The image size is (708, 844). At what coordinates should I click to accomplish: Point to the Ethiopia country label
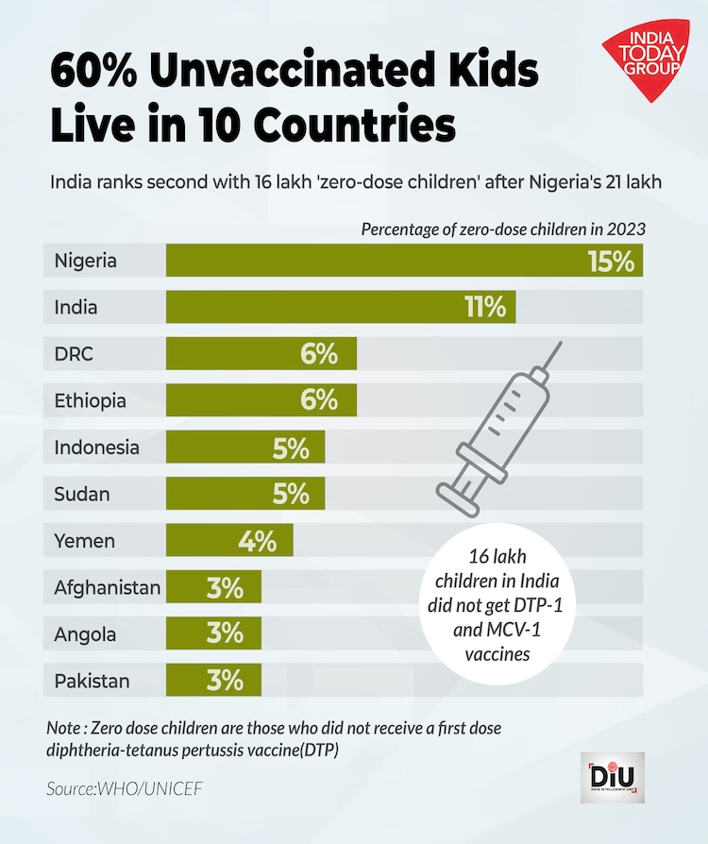coord(91,401)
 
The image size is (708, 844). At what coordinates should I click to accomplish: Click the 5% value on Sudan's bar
coord(291,494)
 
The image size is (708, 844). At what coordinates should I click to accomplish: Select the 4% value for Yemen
coord(257,541)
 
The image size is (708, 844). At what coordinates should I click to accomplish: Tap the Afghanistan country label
coord(108,587)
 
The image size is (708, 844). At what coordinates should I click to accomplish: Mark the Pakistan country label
coord(92,681)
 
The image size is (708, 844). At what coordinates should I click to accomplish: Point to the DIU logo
coord(613,778)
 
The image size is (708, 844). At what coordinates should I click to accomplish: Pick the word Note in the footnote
coord(65,729)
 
